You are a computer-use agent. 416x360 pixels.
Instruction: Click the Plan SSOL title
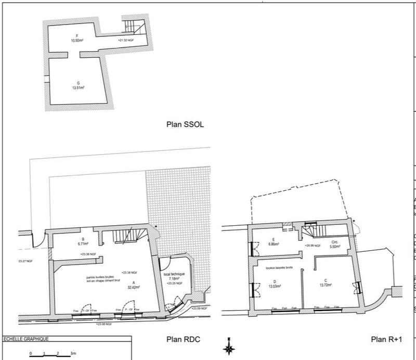pyautogui.click(x=186, y=125)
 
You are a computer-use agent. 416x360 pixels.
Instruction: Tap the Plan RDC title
pyautogui.click(x=183, y=339)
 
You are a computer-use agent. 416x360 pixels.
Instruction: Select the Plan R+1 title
pyautogui.click(x=387, y=339)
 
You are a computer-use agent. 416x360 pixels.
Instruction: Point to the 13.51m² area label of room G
pyautogui.click(x=79, y=88)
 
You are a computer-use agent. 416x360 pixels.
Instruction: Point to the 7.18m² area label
pyautogui.click(x=174, y=279)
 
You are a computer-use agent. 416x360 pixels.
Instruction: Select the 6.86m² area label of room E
pyautogui.click(x=272, y=243)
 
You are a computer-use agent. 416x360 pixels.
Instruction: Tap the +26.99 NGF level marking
pyautogui.click(x=315, y=245)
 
